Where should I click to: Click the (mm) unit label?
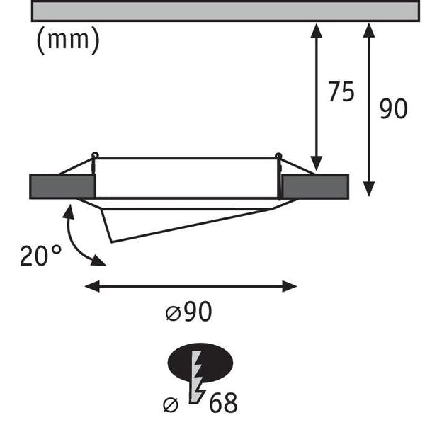coord(68,40)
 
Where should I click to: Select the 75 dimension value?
coord(341,91)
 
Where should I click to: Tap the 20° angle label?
coord(40,255)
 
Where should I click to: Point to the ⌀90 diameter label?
coord(188,312)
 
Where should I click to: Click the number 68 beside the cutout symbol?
coord(223,402)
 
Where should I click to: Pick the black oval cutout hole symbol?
coord(200,363)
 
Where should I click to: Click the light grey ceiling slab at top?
coord(225,11)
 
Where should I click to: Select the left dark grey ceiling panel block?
coord(62,186)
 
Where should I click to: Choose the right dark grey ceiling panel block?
coord(315,187)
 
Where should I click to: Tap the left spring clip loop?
coord(95,156)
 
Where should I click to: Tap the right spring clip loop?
coord(278,156)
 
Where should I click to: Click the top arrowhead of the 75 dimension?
coord(317,30)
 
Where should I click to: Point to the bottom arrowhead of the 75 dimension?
coord(317,164)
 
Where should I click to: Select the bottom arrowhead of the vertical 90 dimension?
coord(369,189)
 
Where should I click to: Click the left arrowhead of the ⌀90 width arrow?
coord(92,286)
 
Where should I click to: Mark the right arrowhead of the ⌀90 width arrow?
coord(290,286)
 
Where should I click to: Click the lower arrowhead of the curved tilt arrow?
coord(98,261)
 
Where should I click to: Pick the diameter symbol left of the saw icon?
coord(171,405)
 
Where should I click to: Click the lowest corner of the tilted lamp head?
coord(112,242)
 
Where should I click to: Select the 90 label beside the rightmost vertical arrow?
coord(393,108)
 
